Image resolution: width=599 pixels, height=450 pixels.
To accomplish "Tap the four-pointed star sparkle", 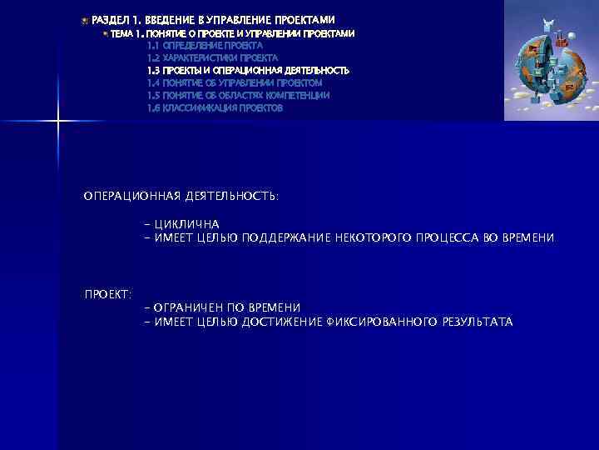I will (x=58, y=122).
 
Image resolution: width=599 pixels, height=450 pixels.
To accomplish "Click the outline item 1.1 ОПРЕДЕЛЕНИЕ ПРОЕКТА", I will (x=205, y=46).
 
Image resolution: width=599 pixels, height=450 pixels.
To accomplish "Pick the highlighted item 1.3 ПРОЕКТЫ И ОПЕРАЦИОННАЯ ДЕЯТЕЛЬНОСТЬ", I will (x=248, y=71).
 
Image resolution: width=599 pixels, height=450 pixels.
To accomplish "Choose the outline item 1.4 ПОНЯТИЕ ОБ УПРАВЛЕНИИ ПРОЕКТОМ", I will (x=234, y=83).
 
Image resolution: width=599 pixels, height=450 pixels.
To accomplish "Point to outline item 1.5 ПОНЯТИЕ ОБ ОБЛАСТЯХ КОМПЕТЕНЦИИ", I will (x=238, y=96).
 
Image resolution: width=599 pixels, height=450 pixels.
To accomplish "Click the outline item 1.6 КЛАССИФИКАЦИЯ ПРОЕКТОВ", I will (x=215, y=108).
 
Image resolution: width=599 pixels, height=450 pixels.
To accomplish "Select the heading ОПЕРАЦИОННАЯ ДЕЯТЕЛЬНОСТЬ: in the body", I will (x=181, y=196).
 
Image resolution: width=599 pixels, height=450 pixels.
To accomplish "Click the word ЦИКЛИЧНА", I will (x=187, y=224).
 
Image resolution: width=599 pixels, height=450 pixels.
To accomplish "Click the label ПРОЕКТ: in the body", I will (x=108, y=294).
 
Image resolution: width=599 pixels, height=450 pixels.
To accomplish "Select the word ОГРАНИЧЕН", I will (x=196, y=307).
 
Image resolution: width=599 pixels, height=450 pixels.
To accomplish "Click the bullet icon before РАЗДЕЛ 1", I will (x=85, y=19).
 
